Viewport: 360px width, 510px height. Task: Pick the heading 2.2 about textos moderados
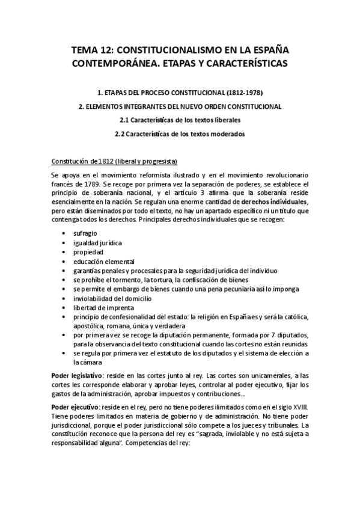180,134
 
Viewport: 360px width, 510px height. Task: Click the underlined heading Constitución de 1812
114,161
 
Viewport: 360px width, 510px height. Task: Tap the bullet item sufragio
86,233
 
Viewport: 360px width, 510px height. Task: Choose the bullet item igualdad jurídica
98,242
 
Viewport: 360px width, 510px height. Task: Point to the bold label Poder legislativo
75,375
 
